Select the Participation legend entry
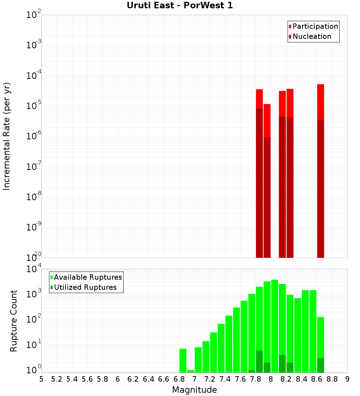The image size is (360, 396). point(315,26)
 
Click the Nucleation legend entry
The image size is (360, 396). point(312,36)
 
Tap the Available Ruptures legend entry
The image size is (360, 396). point(88,277)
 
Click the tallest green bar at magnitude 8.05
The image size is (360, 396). point(275,324)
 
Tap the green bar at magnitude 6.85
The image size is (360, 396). point(183,360)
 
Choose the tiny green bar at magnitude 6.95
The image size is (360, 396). point(190,371)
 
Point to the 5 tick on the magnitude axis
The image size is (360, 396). point(41,379)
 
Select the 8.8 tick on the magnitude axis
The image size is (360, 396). point(332,379)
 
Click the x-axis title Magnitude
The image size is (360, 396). point(194,390)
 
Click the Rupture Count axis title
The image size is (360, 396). point(14,321)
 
